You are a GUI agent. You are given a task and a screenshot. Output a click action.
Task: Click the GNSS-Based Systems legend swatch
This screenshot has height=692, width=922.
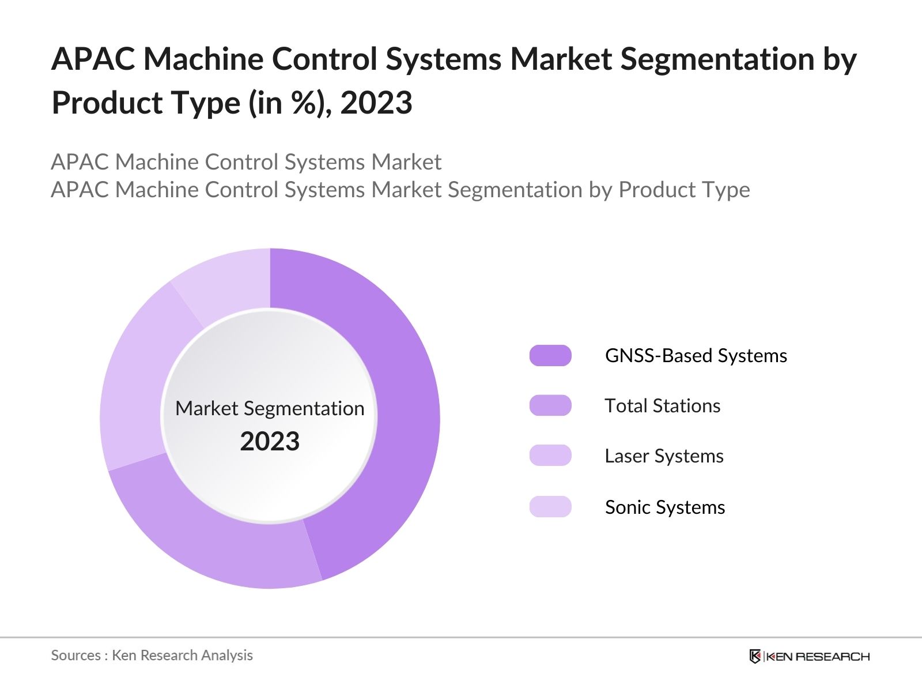point(550,356)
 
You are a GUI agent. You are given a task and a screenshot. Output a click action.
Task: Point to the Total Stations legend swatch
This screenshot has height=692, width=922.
point(550,405)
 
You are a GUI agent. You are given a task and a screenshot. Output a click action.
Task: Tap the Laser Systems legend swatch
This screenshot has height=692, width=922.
point(550,456)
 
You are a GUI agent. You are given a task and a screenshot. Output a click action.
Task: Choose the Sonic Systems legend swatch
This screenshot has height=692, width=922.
point(550,506)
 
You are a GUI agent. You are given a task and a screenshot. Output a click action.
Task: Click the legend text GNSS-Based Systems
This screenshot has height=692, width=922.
point(696,356)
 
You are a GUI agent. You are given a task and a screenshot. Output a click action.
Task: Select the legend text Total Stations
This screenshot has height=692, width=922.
point(662,406)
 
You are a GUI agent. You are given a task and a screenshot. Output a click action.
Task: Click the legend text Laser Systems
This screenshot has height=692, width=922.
point(664,456)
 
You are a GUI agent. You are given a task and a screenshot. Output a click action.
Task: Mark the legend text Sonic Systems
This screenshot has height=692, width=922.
point(664,507)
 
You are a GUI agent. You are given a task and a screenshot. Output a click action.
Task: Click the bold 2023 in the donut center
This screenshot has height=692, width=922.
point(270,442)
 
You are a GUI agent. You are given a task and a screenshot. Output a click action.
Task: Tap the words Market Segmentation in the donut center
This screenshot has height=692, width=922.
point(270,408)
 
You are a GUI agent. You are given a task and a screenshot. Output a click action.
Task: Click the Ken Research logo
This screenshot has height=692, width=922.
point(809,656)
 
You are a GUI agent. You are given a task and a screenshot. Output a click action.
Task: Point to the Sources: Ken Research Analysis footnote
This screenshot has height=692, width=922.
point(152,655)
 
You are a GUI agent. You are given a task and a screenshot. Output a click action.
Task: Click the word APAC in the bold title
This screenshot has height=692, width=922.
point(93,59)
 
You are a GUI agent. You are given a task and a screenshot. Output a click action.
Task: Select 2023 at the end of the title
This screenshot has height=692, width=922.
point(376,103)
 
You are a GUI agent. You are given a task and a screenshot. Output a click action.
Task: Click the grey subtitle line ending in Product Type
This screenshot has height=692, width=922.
point(400,190)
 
